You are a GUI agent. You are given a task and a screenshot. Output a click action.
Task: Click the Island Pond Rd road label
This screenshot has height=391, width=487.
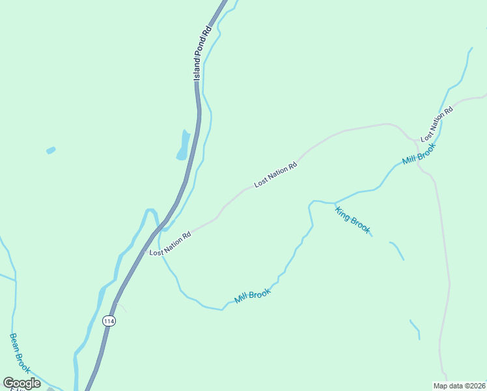click(202, 53)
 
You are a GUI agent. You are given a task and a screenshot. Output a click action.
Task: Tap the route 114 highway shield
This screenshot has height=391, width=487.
click(109, 321)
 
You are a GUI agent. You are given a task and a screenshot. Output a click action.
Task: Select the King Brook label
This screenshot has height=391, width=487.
click(353, 220)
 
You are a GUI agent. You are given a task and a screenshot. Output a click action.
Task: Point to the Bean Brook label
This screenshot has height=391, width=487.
click(20, 353)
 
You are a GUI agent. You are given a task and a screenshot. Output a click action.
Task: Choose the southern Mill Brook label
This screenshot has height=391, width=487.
click(252, 296)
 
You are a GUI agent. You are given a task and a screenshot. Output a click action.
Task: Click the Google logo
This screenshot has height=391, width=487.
click(21, 383)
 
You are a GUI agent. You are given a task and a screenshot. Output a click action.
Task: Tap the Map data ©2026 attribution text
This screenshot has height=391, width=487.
click(459, 385)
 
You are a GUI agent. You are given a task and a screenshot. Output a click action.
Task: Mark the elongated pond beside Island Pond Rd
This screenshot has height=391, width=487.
click(184, 145)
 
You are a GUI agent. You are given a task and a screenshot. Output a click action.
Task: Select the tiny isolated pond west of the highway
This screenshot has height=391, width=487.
click(51, 151)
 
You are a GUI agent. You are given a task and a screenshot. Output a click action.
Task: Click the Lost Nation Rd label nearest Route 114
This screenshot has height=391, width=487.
click(170, 244)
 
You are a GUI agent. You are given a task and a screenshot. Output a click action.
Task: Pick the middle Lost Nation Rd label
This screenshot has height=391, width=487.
click(275, 175)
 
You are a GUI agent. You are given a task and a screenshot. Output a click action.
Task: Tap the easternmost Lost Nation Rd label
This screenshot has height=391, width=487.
click(436, 124)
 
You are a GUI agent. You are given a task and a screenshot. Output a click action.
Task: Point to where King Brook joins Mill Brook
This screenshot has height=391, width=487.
click(335, 203)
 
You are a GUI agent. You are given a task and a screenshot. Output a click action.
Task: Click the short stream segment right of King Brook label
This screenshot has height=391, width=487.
click(397, 250)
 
